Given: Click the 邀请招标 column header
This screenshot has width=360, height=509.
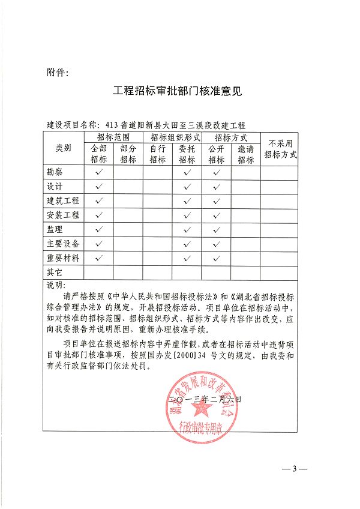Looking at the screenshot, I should tap(245, 155).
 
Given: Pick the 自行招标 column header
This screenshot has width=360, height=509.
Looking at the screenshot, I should tap(157, 155).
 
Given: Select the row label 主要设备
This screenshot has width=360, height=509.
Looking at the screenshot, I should tap(63, 244).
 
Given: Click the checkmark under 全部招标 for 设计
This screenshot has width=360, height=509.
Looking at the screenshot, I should tap(98, 187).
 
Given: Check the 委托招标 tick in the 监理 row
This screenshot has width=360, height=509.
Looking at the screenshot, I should tap(187, 230).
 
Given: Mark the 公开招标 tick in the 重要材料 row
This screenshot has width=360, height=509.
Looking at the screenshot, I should tap(217, 259).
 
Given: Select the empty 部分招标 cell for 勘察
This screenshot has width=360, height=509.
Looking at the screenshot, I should tap(128, 172).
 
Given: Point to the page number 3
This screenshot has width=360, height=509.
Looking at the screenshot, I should tap(295, 468).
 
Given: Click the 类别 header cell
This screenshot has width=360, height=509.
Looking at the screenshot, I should tap(63, 148).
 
